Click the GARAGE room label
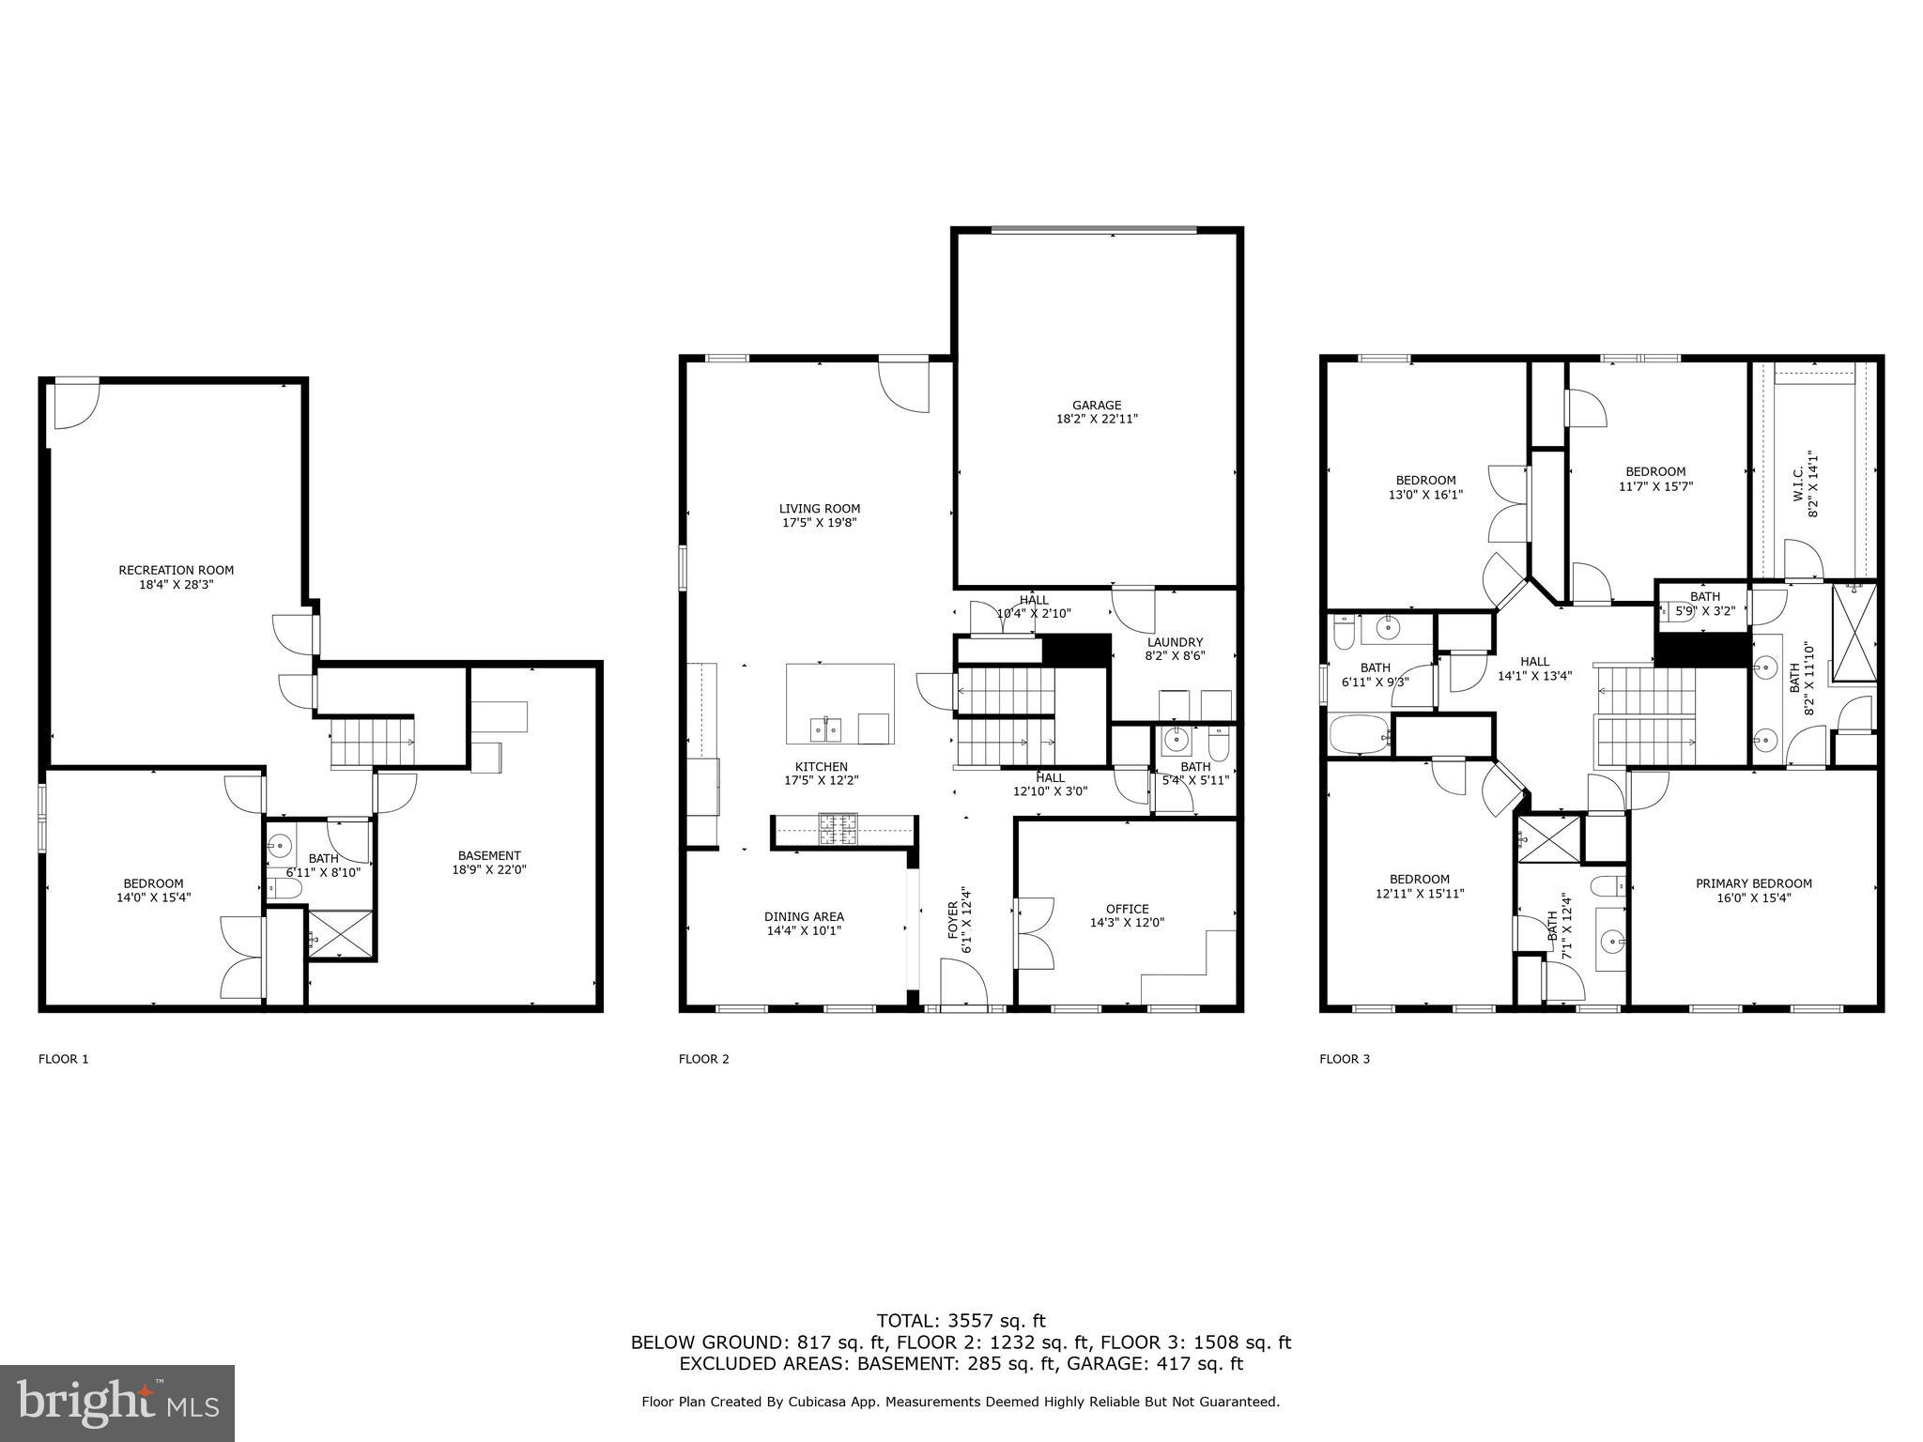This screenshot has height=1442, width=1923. coord(1096,406)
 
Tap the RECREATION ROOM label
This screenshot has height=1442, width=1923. coord(176,570)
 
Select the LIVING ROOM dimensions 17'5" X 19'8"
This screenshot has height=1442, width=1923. coord(820,523)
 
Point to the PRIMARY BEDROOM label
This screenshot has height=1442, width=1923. coord(1753,883)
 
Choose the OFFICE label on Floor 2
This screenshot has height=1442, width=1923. coord(1127,909)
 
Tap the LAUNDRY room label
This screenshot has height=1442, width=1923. coord(1174,642)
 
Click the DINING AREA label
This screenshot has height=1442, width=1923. coord(804,916)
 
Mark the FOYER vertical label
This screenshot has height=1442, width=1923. coord(953,920)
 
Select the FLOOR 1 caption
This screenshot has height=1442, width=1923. coord(64,1059)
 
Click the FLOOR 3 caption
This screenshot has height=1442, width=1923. coord(1345,1059)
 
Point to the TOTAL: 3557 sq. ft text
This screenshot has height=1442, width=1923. coord(961,1321)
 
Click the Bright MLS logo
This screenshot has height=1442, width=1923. coord(117,1404)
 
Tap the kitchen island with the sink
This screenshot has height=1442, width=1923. coord(839,703)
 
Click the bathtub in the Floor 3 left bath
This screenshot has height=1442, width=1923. coord(1359,733)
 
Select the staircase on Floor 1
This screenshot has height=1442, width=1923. coord(371,742)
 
